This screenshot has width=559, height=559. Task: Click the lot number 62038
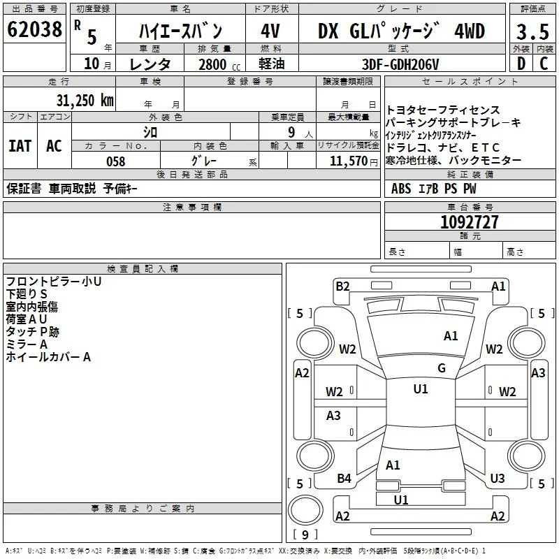coord(34,29)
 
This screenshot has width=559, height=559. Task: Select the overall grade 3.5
coord(532,31)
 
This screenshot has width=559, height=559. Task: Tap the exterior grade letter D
coord(521,64)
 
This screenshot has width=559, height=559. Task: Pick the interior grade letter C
coord(544,64)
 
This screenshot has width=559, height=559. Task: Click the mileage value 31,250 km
coord(85,101)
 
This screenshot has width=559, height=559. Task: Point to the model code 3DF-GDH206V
coord(400,64)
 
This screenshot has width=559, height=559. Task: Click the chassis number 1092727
coord(469,222)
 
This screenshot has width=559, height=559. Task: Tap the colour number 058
coord(116,161)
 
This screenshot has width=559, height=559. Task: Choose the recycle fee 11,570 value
coord(349,161)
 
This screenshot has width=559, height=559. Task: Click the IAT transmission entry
coord(20,146)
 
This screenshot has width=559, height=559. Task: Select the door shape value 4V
coord(270,31)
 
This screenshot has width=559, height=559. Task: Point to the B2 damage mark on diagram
coord(342,286)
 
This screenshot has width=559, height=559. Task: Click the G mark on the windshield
coord(442,368)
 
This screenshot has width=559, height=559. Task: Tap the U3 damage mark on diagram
coord(498,479)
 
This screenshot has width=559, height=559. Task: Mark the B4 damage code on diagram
coord(344,479)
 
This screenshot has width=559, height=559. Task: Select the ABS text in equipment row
coord(401,189)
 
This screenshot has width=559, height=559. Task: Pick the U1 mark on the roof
coord(421,389)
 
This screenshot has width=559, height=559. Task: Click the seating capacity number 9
coord(291,132)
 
